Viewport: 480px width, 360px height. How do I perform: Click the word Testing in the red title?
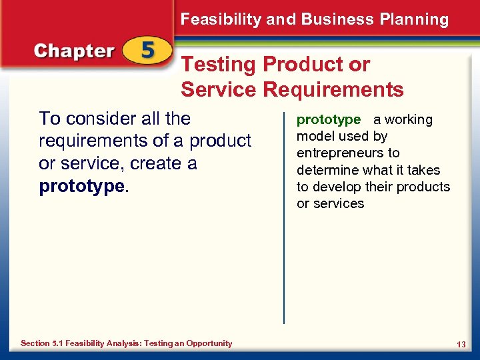(x=219, y=65)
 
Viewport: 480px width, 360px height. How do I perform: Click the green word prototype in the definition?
(x=328, y=120)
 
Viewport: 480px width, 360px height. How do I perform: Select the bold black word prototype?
(x=82, y=186)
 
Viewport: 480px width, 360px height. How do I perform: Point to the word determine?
(x=325, y=170)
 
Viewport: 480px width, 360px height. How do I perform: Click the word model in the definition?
(x=314, y=137)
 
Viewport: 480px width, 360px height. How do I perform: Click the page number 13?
(x=461, y=344)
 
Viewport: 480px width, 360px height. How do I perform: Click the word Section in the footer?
(x=35, y=343)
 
